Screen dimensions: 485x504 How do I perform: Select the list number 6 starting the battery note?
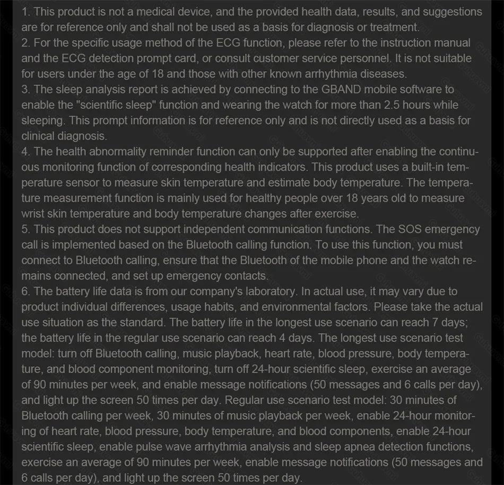click(25, 291)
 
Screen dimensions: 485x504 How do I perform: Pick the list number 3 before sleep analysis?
click(25, 89)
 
